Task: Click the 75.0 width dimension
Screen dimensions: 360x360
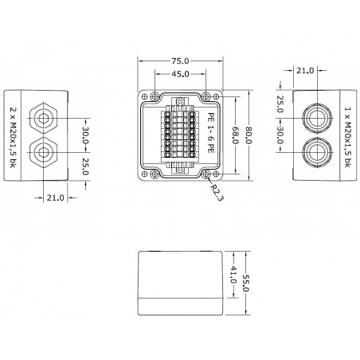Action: [180, 61]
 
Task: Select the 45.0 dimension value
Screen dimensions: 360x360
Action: [180, 74]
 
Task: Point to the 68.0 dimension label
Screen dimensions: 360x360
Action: [235, 135]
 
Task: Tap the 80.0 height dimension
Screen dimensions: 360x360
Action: [248, 135]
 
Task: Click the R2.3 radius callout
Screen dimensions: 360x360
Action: [216, 192]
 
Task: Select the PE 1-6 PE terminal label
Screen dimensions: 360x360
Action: [211, 132]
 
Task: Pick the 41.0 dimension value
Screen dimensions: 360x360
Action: [233, 275]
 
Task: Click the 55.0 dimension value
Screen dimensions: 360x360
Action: [245, 283]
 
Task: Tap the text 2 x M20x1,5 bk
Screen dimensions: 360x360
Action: [12, 137]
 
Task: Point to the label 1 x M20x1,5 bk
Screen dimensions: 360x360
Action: [348, 137]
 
